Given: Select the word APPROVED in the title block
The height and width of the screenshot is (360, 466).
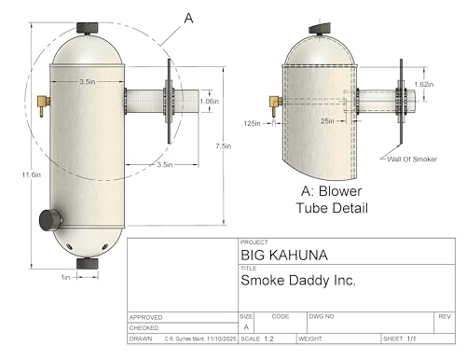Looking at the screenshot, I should [x=147, y=317].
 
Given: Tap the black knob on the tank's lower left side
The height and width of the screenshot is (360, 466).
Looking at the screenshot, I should [x=48, y=220].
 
